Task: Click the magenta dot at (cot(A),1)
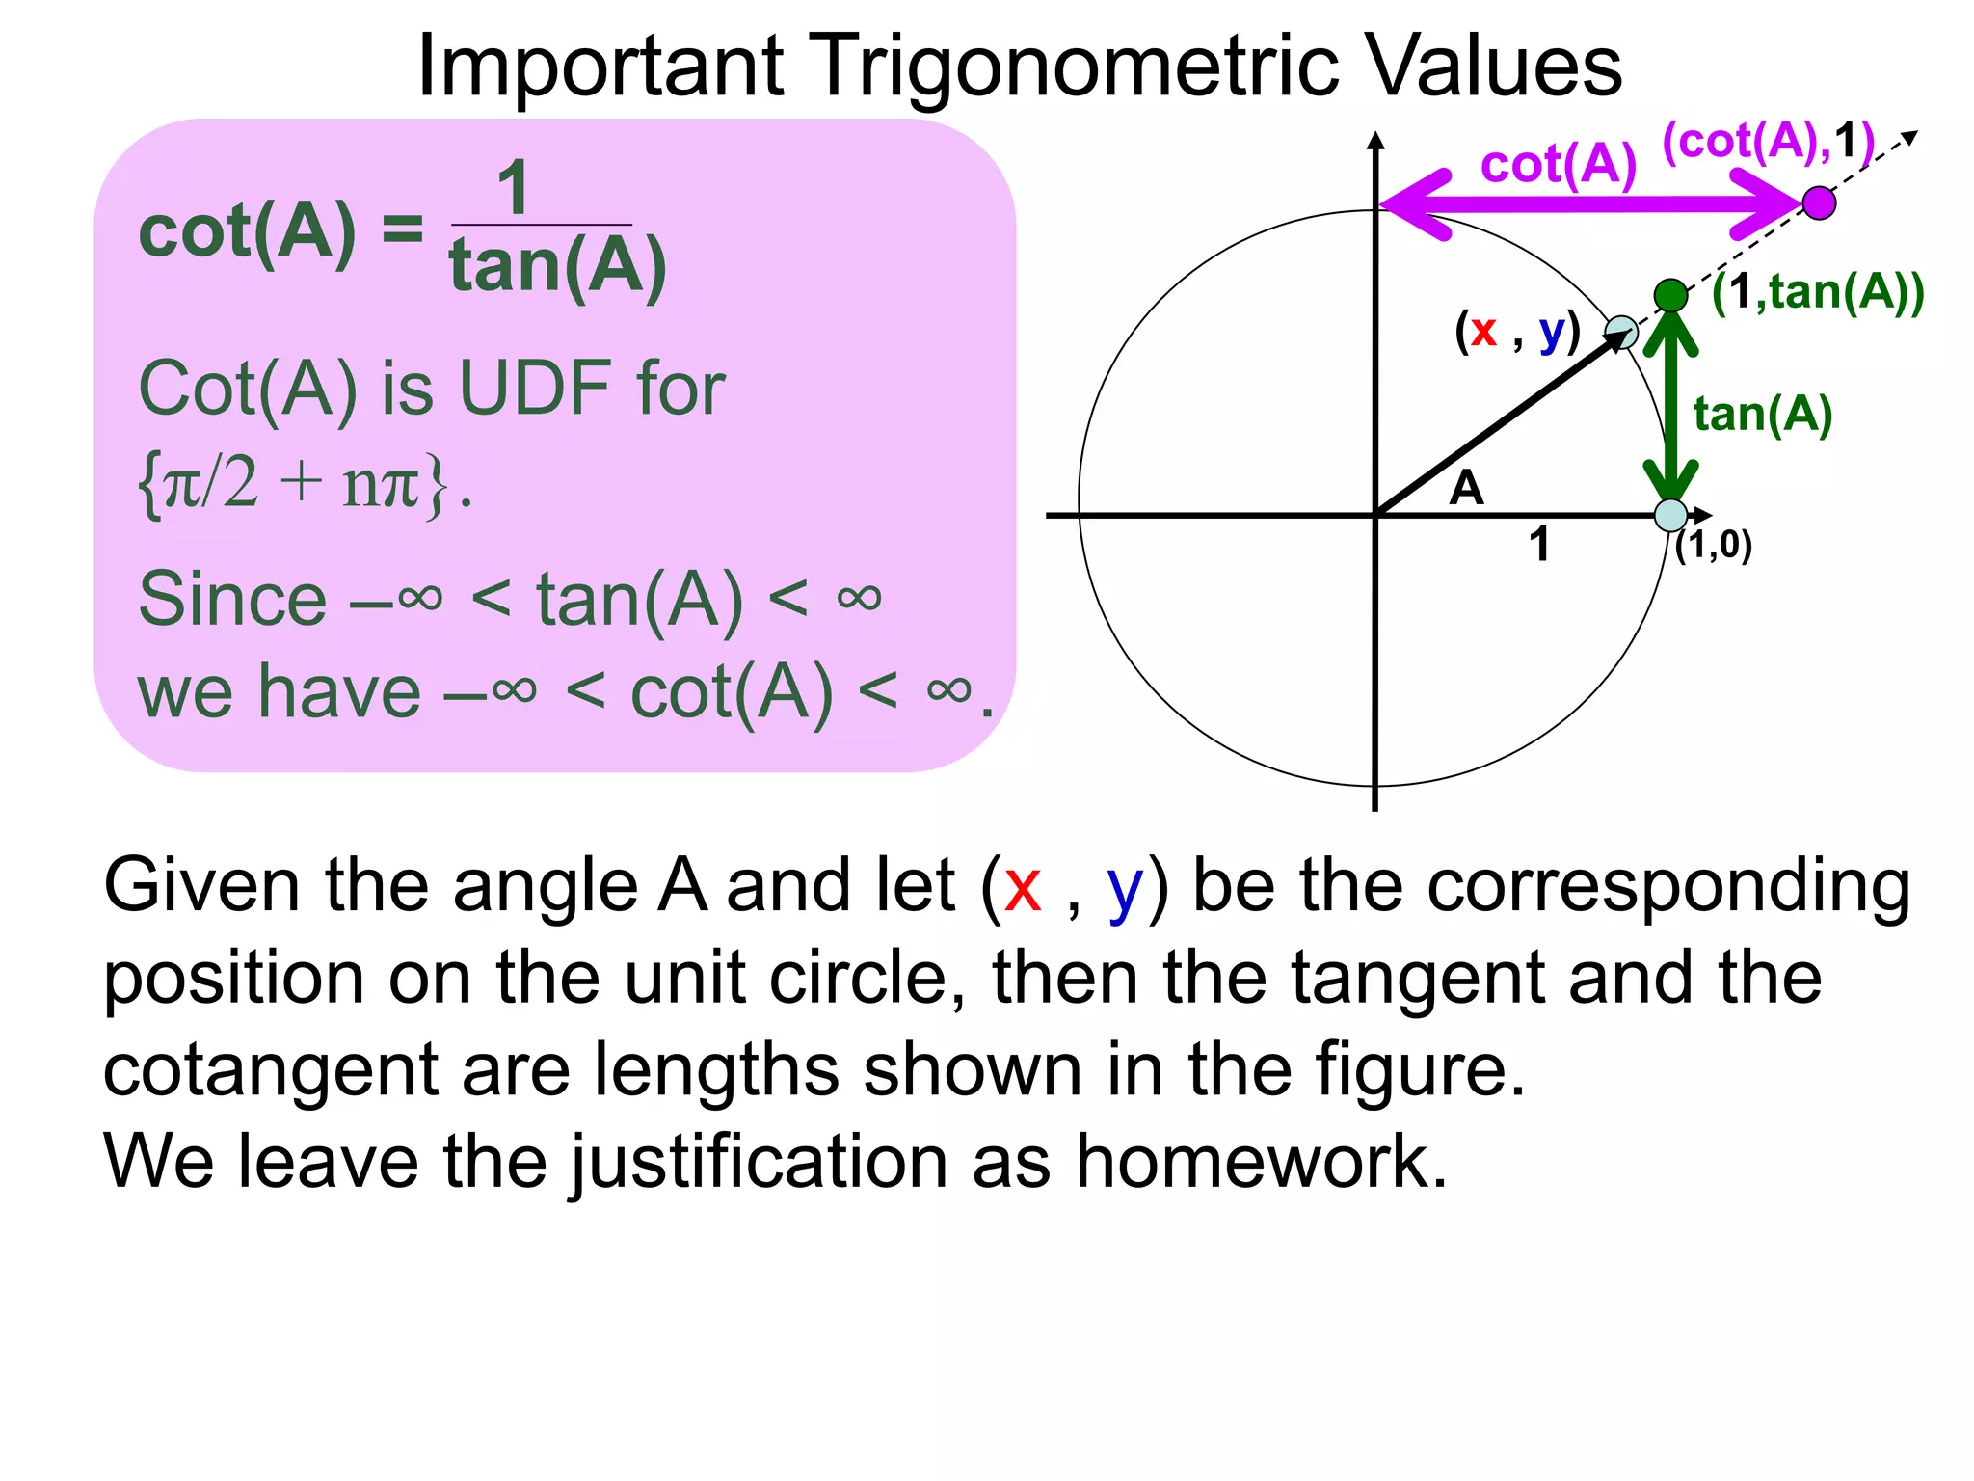[x=1818, y=203]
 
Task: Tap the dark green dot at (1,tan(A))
[x=1670, y=295]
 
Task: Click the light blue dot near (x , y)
[x=1621, y=332]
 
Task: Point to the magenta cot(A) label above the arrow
[x=1558, y=164]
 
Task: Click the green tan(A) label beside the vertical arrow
[x=1762, y=415]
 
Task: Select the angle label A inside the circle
[x=1466, y=488]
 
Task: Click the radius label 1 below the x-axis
[x=1539, y=545]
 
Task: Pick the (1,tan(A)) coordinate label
[x=1817, y=291]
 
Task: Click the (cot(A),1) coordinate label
[x=1768, y=142]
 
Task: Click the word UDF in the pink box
[x=535, y=388]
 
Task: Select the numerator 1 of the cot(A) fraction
[x=514, y=189]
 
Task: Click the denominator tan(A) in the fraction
[x=557, y=266]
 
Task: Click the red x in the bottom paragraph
[x=1022, y=886]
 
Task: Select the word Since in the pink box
[x=232, y=599]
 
